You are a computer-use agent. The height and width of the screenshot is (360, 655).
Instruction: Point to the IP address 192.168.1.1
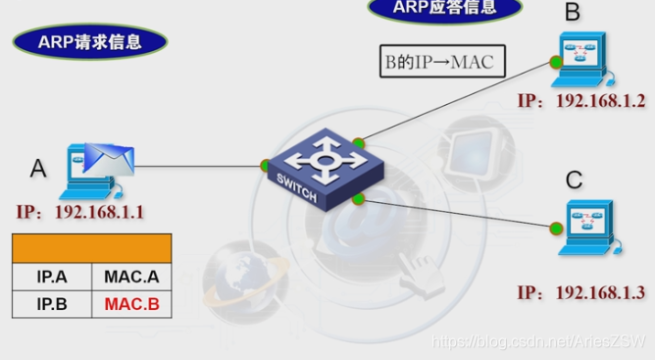(80, 211)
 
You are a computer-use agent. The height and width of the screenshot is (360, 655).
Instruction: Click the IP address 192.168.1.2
(581, 101)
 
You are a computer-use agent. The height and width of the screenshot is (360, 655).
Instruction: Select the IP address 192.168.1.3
(581, 292)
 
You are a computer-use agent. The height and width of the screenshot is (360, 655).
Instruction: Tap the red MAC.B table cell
(131, 304)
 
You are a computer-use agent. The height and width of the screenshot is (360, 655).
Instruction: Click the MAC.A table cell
(131, 276)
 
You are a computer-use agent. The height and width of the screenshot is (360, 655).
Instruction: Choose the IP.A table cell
(52, 276)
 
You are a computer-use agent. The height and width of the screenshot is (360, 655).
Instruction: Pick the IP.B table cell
(52, 304)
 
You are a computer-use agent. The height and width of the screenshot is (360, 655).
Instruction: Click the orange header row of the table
(92, 247)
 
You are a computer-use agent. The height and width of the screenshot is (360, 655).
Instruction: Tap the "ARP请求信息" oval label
(90, 41)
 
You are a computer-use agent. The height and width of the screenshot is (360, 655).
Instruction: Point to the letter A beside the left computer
(38, 169)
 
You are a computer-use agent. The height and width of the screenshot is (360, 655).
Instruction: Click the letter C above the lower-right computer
(574, 180)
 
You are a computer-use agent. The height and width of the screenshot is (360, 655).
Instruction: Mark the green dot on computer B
(555, 63)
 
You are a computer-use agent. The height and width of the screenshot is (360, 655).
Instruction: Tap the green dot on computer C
(556, 230)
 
